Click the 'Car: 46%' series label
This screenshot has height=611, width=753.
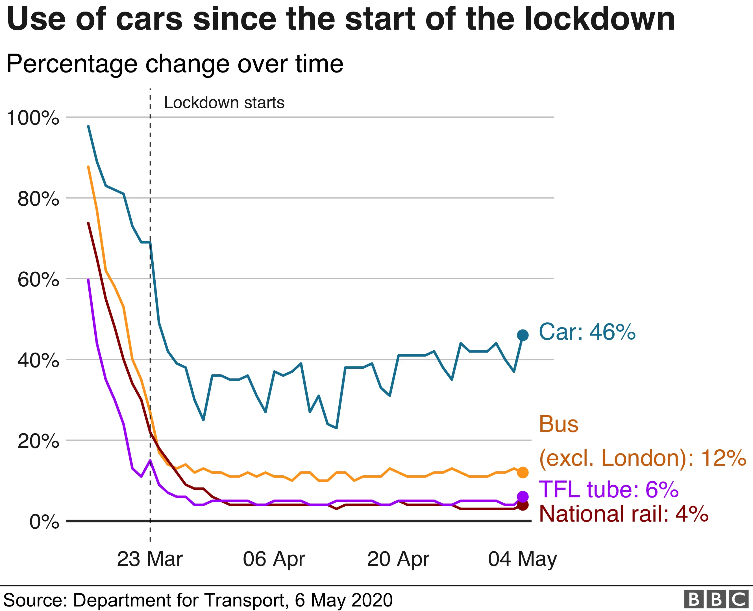[x=587, y=332]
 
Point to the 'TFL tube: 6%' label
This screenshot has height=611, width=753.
[x=609, y=489]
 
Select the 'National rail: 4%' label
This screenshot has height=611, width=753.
[x=624, y=514]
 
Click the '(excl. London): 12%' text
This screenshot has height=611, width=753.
[x=642, y=458]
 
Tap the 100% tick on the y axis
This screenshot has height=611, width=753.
[x=33, y=118]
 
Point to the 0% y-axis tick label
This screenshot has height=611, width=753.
[x=44, y=522]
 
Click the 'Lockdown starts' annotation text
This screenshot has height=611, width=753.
[x=224, y=103]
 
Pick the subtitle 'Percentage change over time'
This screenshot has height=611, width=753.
[x=175, y=64]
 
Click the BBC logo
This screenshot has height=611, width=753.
[x=716, y=599]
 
